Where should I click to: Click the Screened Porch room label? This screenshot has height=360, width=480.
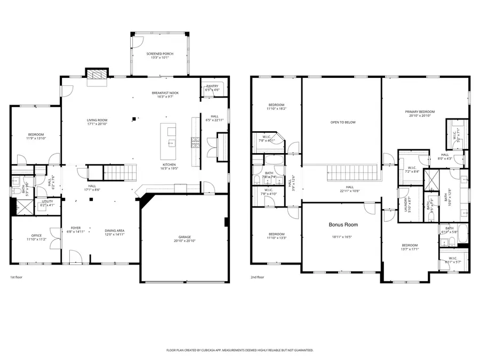click(x=160, y=54)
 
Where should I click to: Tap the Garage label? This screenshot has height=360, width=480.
click(x=185, y=237)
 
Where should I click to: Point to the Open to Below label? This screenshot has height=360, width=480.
click(x=342, y=122)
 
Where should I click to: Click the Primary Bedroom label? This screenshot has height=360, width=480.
click(x=420, y=111)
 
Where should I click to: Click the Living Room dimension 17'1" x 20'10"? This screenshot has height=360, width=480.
click(x=98, y=124)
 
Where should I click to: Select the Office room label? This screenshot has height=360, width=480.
click(x=36, y=235)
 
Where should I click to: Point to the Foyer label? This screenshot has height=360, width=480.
click(x=76, y=228)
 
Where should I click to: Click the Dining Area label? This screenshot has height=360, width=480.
click(x=114, y=230)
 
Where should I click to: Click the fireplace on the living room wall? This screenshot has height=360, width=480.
click(x=97, y=74)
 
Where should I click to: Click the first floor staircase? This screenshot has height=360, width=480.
click(x=120, y=171)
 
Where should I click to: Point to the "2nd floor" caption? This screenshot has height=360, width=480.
click(x=258, y=277)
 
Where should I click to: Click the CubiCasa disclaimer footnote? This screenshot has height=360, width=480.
click(x=240, y=350)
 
